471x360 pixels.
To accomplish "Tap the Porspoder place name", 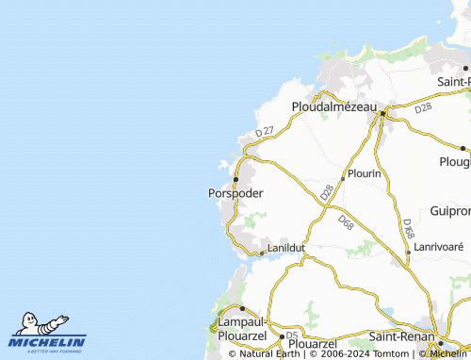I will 235,193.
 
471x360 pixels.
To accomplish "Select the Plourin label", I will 364,174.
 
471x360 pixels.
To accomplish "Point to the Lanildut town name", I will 286,247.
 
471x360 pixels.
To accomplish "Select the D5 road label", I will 292,335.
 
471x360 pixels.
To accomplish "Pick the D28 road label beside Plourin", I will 327,191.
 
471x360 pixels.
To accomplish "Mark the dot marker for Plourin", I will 341,179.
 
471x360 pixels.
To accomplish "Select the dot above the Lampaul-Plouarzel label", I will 242,308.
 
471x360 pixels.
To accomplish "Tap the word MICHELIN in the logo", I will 47,342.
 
